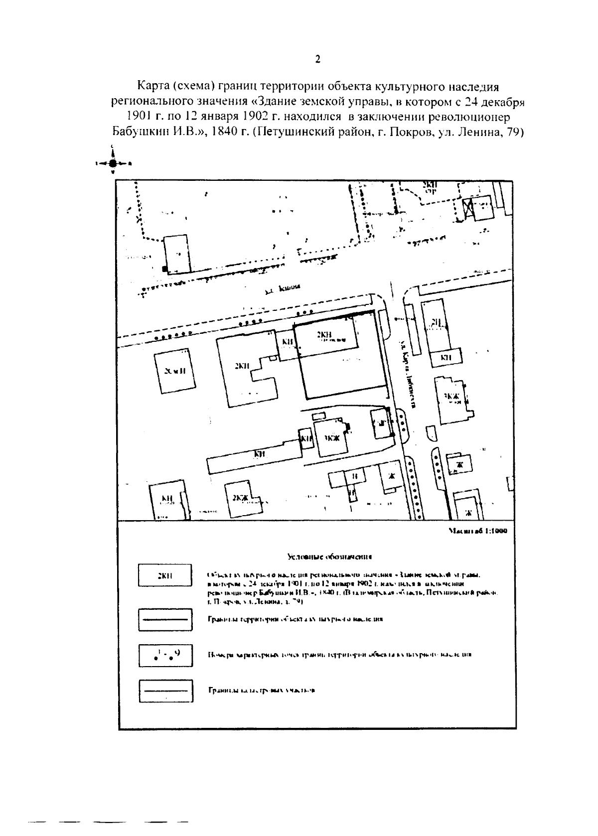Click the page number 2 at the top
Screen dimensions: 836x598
tap(317, 60)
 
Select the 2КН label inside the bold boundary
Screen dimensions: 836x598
tap(325, 335)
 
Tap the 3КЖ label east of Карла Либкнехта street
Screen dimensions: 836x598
tap(451, 396)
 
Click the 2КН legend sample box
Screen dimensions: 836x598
tap(164, 576)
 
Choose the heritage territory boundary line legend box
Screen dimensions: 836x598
tap(164, 620)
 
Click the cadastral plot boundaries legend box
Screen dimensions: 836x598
tap(164, 691)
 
